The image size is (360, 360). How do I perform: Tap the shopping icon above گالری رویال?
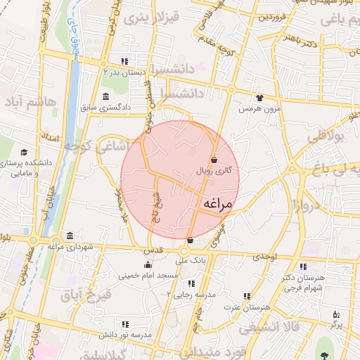pyautogui.click(x=214, y=160)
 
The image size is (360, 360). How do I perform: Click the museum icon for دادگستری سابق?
pyautogui.click(x=105, y=96)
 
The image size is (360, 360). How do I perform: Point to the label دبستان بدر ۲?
pyautogui.click(x=125, y=72)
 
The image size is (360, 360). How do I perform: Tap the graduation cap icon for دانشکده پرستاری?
pyautogui.click(x=24, y=153)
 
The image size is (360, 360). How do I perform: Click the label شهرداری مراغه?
pyautogui.click(x=70, y=246)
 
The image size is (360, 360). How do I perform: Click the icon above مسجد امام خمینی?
pyautogui.click(x=147, y=265)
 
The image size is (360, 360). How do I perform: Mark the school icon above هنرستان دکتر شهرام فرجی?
pyautogui.click(x=303, y=266)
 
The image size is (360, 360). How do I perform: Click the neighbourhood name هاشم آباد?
pyautogui.click(x=29, y=104)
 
